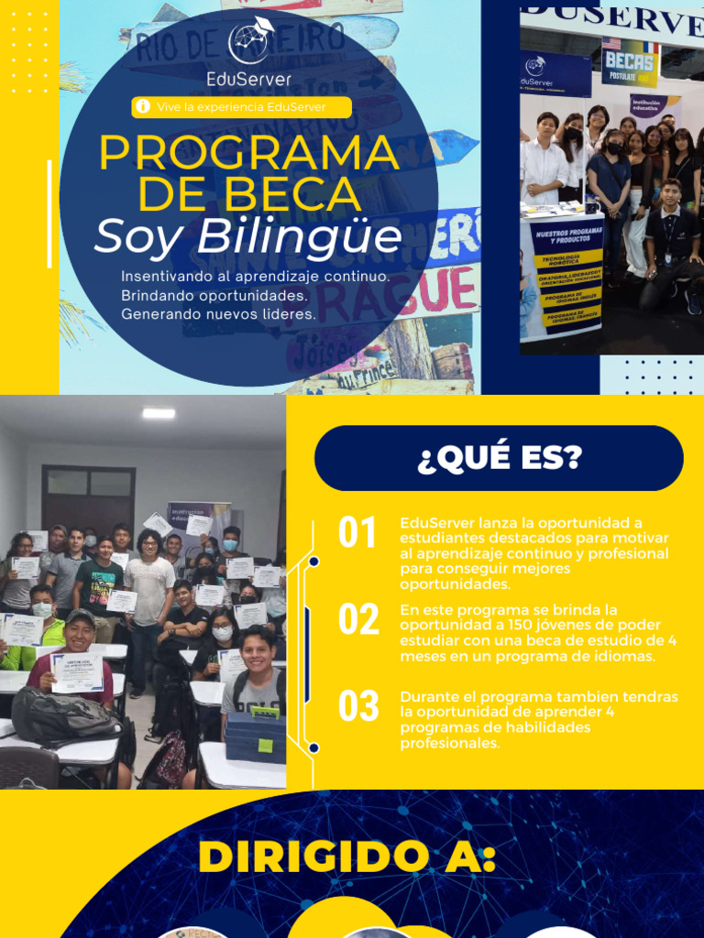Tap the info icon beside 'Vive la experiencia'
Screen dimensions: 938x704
[x=142, y=107]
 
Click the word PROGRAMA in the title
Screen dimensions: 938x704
[x=249, y=153]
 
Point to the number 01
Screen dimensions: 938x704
[x=357, y=533]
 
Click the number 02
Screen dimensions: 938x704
[x=357, y=620]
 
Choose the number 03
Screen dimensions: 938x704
[x=357, y=706]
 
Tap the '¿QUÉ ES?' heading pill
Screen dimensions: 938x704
[x=499, y=458]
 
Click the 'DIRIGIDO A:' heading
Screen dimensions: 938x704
[x=347, y=858]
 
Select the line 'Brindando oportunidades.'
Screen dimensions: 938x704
[x=213, y=296]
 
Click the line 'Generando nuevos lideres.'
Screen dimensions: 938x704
[x=218, y=314]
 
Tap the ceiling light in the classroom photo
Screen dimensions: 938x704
[x=159, y=413]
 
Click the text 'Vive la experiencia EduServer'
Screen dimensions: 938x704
[x=241, y=107]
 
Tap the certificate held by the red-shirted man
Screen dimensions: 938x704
[x=77, y=671]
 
